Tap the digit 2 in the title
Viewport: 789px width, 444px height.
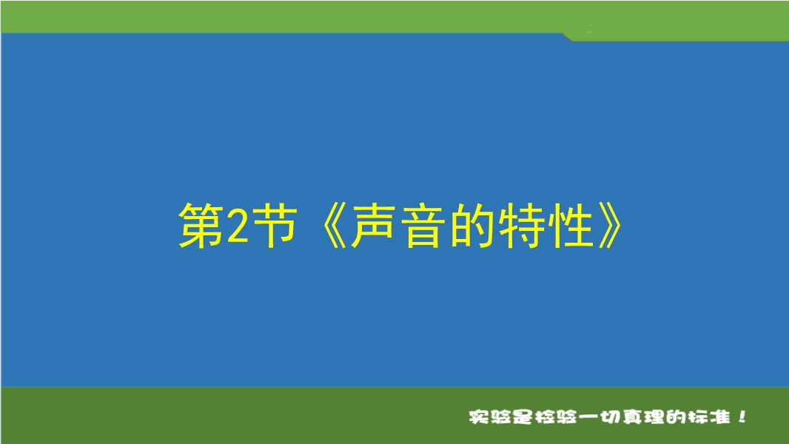[238, 226]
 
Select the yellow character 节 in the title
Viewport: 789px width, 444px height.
[273, 224]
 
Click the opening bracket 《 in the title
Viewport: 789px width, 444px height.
[332, 226]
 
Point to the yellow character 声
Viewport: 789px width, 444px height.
[372, 225]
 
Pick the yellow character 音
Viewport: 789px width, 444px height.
[423, 225]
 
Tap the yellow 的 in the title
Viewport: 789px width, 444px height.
[472, 225]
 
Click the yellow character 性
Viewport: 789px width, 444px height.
[572, 225]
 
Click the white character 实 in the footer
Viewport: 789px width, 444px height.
[479, 417]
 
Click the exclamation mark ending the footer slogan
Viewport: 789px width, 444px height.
[742, 417]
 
